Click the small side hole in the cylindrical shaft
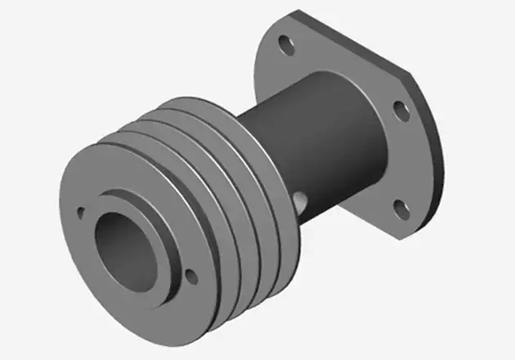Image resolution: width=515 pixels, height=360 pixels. tap(299, 199)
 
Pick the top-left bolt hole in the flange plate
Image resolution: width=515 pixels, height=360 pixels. tap(285, 46)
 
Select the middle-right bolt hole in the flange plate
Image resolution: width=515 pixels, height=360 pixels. tap(401, 110)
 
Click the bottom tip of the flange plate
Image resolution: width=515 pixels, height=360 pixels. tap(400, 238)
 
